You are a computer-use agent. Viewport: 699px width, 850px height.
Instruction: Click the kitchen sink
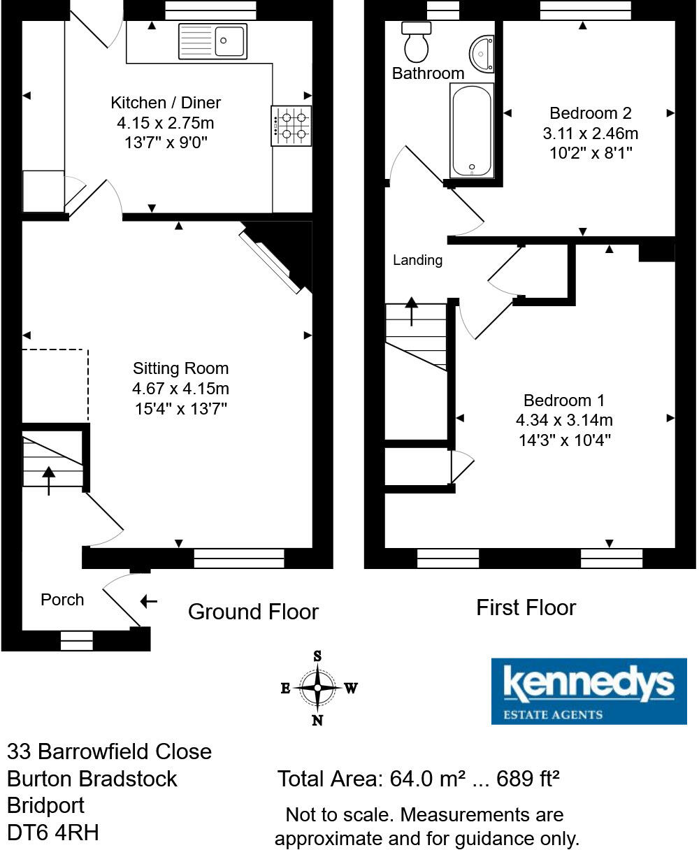(213, 41)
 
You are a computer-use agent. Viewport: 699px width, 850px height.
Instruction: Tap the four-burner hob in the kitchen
(291, 126)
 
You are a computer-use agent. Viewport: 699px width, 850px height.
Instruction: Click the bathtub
(472, 131)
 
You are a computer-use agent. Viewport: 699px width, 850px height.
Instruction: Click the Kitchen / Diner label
(166, 103)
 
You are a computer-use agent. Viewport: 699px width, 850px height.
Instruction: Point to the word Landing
(417, 260)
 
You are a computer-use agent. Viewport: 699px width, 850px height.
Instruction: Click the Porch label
(62, 600)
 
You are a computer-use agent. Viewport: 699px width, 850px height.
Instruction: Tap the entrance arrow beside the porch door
(148, 601)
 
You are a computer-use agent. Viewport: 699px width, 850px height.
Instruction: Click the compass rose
(318, 688)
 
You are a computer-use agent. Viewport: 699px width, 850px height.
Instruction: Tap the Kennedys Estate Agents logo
(589, 691)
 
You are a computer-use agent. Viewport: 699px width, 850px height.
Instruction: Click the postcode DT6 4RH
(53, 832)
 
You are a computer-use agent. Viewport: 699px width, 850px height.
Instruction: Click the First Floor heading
(526, 607)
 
